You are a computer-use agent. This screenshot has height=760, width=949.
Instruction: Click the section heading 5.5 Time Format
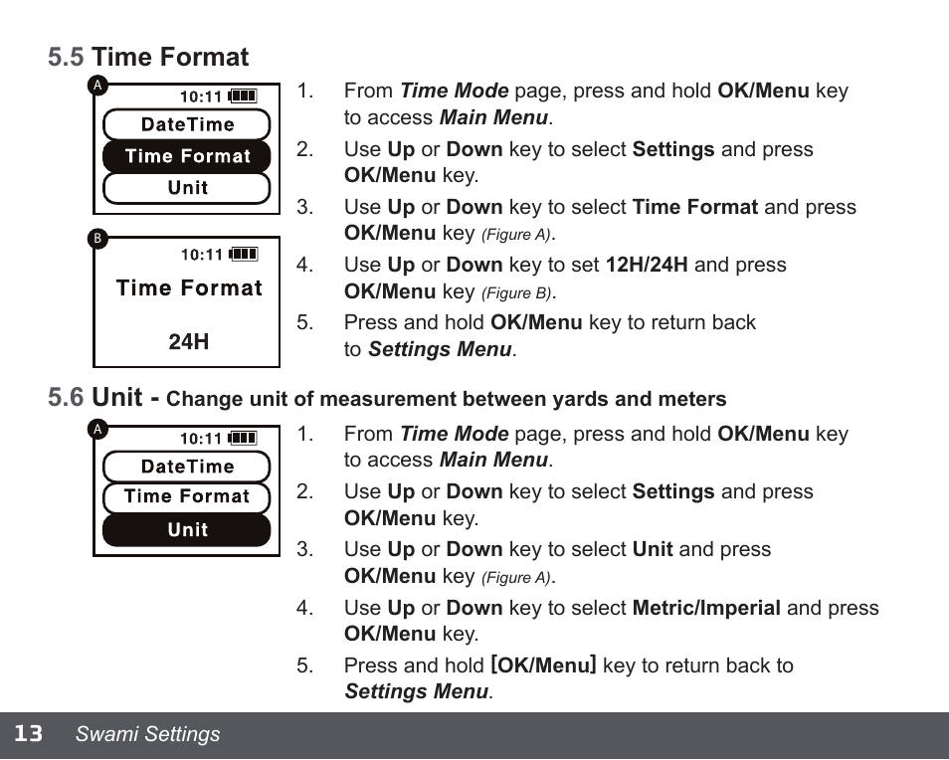tap(148, 58)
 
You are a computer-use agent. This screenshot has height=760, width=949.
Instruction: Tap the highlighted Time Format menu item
tap(187, 156)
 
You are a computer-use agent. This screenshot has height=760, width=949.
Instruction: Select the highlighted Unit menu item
tap(187, 530)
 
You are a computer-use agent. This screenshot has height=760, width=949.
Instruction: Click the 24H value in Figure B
tap(188, 342)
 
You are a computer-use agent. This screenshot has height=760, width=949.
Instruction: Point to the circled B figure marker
tap(97, 239)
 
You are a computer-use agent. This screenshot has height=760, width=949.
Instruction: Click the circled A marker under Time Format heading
tap(97, 85)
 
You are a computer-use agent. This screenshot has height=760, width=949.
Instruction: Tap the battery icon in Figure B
tap(243, 255)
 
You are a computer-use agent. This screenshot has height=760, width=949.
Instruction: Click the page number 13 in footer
tap(28, 734)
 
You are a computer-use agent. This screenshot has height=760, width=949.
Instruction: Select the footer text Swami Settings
tap(148, 734)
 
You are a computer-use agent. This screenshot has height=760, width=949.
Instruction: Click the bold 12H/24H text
tap(647, 266)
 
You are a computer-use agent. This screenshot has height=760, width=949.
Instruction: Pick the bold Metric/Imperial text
tap(706, 608)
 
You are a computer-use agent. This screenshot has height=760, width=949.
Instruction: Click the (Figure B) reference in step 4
tap(517, 293)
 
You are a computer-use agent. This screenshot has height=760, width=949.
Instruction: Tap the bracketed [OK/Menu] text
tap(543, 665)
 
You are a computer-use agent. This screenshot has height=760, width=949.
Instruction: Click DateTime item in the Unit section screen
tap(187, 467)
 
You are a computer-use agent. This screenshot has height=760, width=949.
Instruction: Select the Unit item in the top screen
tap(187, 188)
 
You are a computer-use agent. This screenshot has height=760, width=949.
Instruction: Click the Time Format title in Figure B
tap(189, 288)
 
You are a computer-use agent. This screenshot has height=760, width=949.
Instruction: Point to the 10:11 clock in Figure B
tap(202, 255)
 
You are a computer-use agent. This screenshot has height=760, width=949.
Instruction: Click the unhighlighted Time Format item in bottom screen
tap(187, 497)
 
